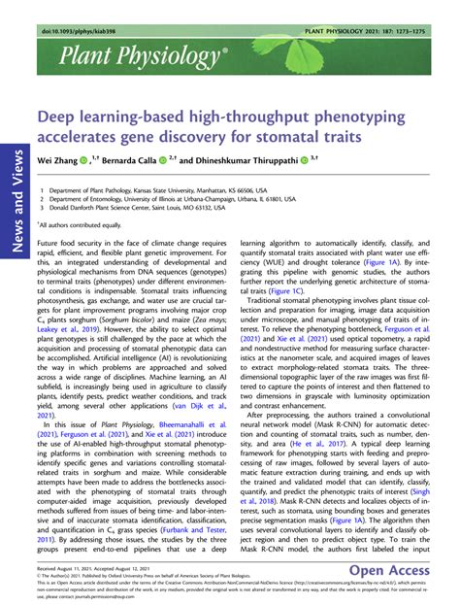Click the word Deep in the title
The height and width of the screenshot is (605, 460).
coord(61,114)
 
